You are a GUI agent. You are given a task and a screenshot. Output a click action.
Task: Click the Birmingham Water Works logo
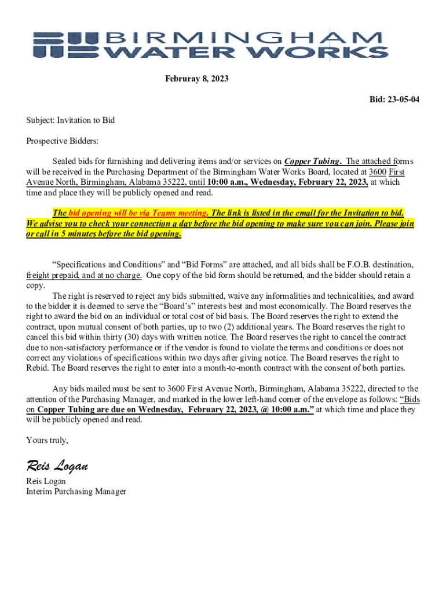click(210, 45)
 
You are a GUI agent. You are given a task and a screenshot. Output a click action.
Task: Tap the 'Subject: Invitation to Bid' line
click(71, 120)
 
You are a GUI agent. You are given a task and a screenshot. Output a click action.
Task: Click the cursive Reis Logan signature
click(57, 465)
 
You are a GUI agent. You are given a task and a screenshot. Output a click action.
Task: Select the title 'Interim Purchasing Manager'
click(76, 492)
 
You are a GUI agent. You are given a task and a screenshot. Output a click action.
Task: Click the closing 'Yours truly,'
click(47, 441)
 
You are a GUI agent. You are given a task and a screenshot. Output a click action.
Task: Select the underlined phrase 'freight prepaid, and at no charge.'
click(84, 275)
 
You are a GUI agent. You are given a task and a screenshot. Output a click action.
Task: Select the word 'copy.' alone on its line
click(36, 285)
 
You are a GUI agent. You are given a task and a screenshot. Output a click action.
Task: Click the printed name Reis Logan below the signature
click(46, 481)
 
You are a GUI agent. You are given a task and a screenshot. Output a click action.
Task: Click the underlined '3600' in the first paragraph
click(378, 171)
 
